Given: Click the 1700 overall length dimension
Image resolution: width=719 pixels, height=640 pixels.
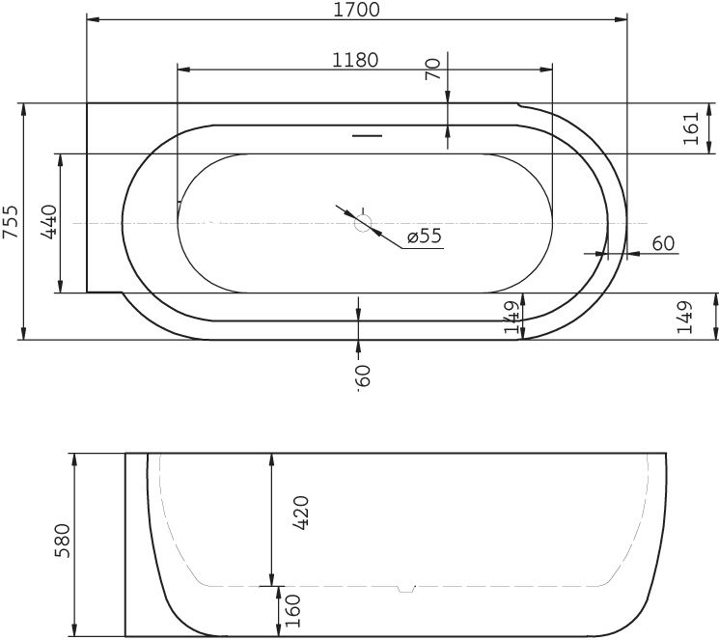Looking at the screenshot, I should pyautogui.click(x=356, y=11).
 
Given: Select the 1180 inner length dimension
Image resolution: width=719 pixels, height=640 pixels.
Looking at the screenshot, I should pyautogui.click(x=355, y=60).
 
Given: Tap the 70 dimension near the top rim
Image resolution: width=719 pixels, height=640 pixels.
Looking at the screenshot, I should pyautogui.click(x=433, y=69).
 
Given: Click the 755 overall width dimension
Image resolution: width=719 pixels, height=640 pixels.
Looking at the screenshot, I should pyautogui.click(x=11, y=222).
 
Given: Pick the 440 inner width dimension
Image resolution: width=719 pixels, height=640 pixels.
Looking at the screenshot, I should pyautogui.click(x=50, y=222).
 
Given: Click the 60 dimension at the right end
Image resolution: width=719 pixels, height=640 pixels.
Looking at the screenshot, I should pyautogui.click(x=663, y=243).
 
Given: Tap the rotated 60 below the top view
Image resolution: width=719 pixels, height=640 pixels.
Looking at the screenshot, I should pyautogui.click(x=363, y=376).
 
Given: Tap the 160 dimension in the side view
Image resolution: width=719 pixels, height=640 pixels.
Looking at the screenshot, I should pyautogui.click(x=290, y=611).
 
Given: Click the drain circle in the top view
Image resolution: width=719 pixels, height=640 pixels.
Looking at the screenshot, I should pyautogui.click(x=363, y=223).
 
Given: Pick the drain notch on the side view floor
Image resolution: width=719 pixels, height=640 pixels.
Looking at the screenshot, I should pyautogui.click(x=406, y=586).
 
